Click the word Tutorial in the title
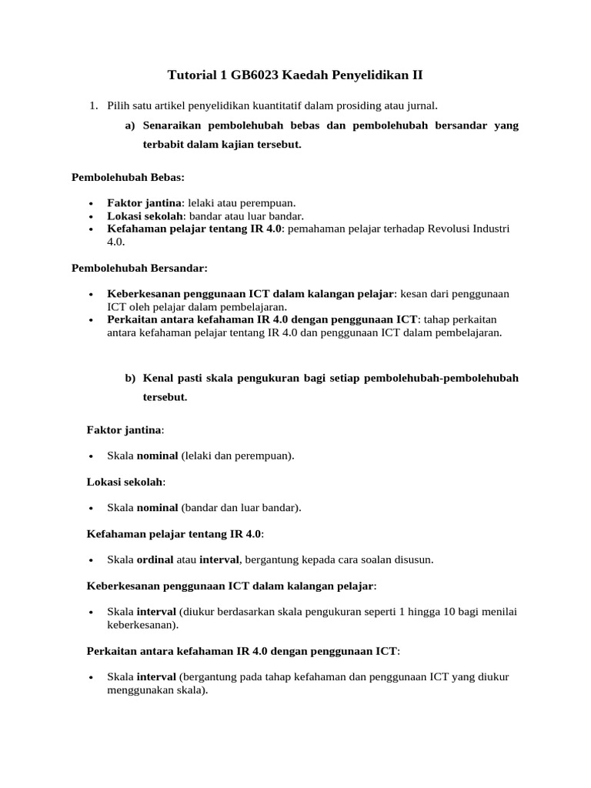192,75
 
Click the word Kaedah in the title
308,75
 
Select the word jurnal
420,105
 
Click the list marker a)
129,125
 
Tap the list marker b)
130,378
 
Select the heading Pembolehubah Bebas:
128,177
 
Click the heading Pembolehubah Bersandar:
139,269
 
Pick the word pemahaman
315,229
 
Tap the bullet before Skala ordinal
91,560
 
